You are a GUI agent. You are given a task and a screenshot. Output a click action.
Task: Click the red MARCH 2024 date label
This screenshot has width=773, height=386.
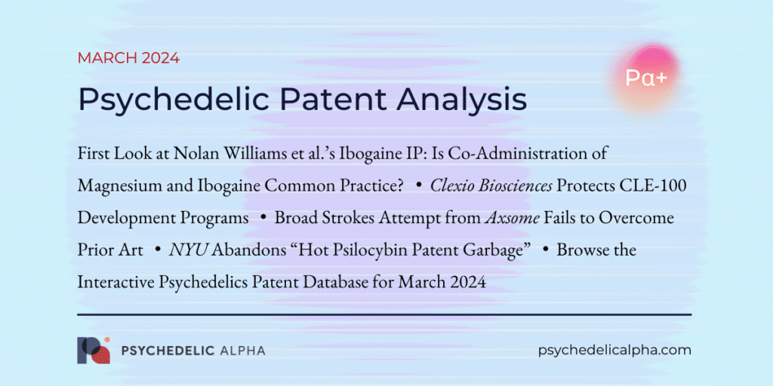(x=128, y=58)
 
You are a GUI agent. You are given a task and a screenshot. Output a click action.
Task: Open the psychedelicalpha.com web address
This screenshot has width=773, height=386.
(x=615, y=350)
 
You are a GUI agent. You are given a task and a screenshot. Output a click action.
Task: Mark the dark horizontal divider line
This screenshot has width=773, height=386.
(x=384, y=314)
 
